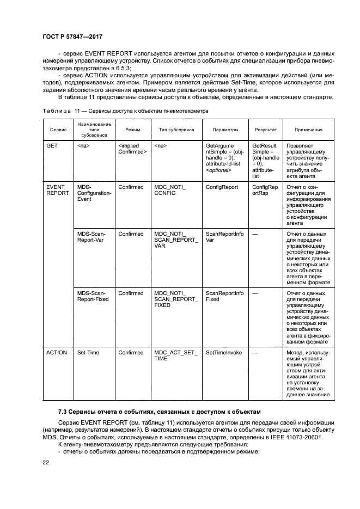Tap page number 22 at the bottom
coord(46,462)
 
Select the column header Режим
coord(132,130)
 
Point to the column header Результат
coord(265,130)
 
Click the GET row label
coord(52,146)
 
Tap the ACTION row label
coord(57,352)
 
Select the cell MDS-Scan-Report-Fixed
coord(93,296)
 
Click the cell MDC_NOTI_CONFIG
coord(170,190)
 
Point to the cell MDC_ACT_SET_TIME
coord(174,355)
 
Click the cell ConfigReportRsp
coord(265,190)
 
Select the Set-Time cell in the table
coord(88,352)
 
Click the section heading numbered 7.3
coord(160,410)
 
